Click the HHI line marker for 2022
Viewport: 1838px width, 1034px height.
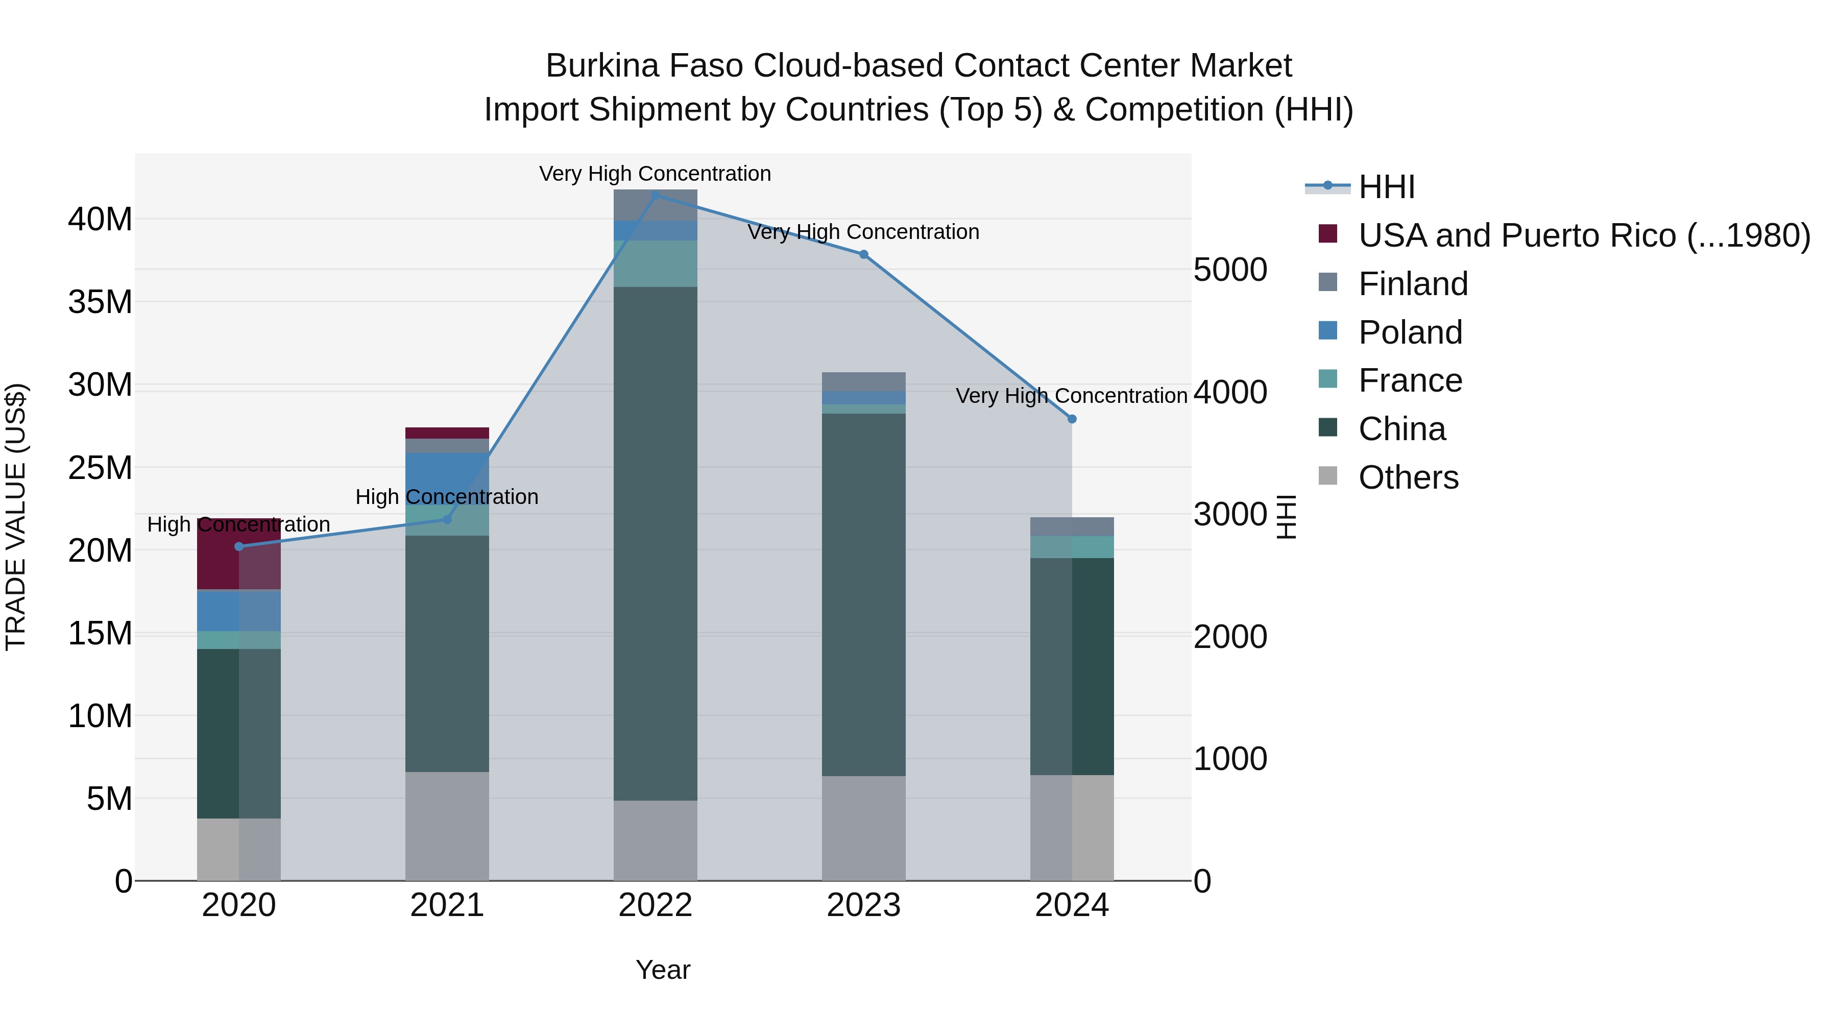656,195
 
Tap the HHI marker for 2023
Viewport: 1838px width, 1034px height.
863,255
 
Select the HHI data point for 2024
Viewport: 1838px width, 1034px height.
1072,419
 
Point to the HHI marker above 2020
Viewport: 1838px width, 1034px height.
239,546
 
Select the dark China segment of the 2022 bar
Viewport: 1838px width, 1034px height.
656,542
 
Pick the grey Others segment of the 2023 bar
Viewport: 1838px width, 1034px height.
863,828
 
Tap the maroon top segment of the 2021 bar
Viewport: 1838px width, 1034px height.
447,433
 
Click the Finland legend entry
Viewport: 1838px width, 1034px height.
1413,284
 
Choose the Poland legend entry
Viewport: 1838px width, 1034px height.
1410,332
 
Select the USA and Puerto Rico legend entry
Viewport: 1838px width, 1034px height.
1584,235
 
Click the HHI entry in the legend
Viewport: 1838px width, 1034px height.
1386,187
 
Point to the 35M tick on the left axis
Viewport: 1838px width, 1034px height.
100,302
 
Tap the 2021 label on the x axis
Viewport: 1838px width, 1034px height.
447,905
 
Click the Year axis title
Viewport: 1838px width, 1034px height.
663,970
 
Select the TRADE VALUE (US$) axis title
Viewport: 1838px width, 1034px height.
16,517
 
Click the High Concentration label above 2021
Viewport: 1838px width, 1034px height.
447,497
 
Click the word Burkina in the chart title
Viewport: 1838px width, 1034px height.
601,66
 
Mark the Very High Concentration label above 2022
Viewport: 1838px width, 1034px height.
655,174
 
